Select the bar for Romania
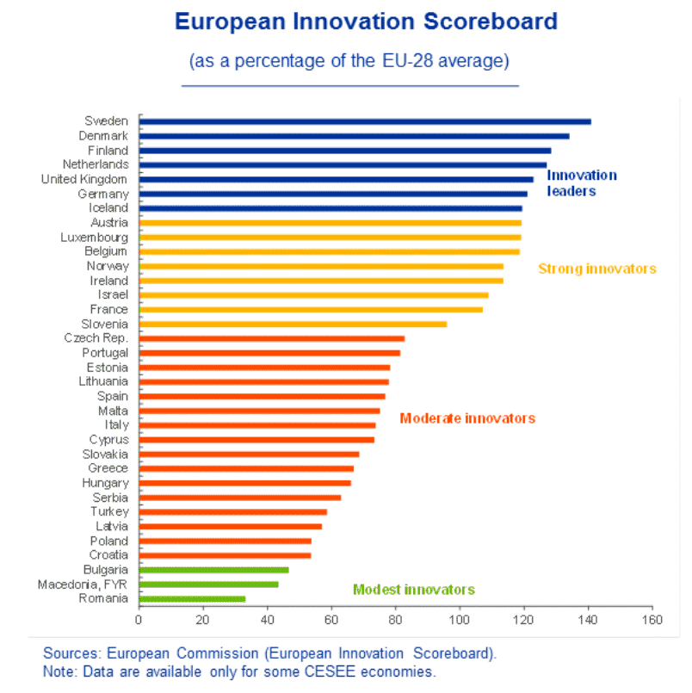[x=192, y=598]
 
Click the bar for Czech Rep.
[x=271, y=338]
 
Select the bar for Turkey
[x=232, y=511]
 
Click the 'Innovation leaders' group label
[x=582, y=183]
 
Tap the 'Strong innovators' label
[x=596, y=269]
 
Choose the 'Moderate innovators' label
[x=467, y=418]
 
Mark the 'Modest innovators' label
[x=413, y=590]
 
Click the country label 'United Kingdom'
[x=84, y=179]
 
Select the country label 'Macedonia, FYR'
[x=83, y=585]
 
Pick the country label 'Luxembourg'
[x=95, y=237]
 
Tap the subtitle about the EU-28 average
[x=349, y=61]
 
